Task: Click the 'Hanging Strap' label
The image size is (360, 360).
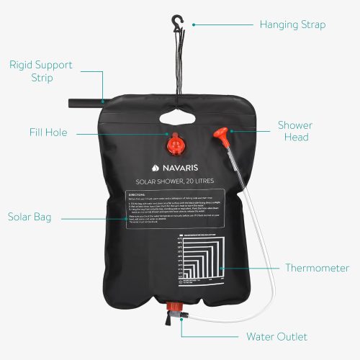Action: pos(292,24)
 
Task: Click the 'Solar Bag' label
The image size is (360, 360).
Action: pos(30,216)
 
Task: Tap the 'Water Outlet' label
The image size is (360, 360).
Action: pos(276,336)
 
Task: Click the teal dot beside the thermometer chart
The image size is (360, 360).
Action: pos(221,269)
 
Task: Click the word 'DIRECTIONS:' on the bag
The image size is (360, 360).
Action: pos(138,194)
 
